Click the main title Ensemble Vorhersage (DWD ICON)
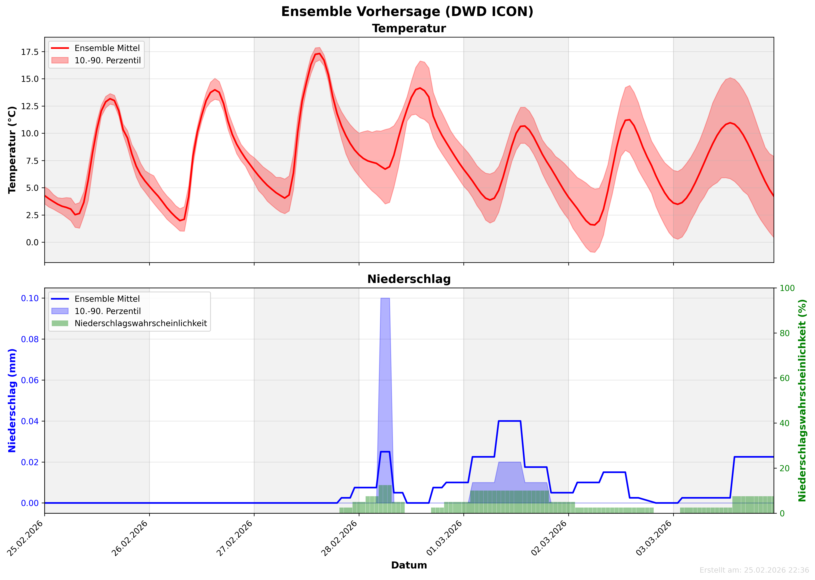[x=407, y=12]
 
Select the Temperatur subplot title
[x=409, y=29]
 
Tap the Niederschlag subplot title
[x=409, y=279]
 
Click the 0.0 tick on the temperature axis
[x=32, y=243]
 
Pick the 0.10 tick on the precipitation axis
[x=30, y=298]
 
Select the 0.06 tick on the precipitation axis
[x=30, y=380]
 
